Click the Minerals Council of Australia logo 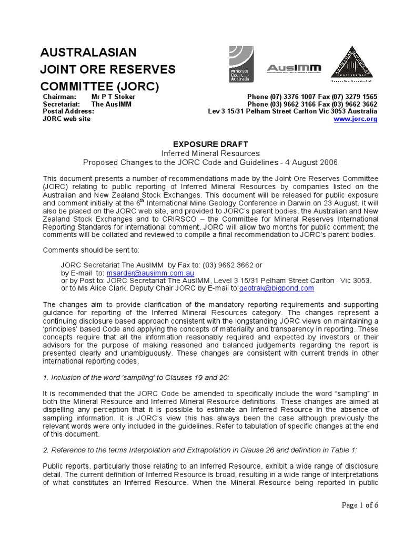point(241,64)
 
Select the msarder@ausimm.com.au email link point(150,274)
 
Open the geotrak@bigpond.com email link point(277,288)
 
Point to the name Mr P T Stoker point(113,97)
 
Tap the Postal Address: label point(68,111)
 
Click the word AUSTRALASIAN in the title point(88,53)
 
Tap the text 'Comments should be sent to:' point(91,250)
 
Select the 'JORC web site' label point(66,119)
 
